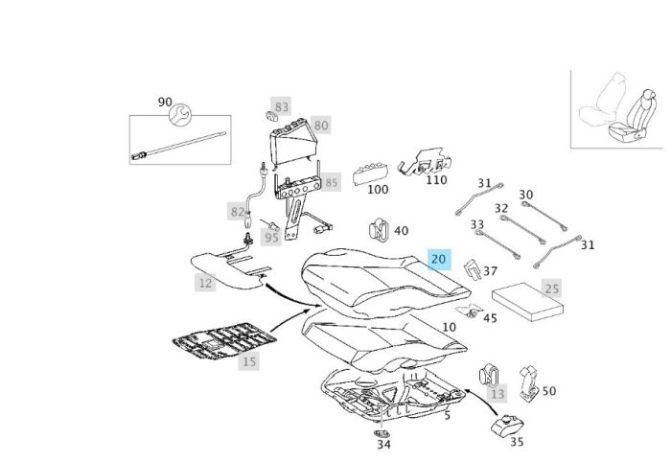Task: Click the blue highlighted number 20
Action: coord(439,260)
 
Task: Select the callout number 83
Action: coord(281,106)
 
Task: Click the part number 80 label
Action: coord(320,125)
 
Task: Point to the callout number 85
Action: coord(331,181)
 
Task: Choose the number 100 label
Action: coord(378,189)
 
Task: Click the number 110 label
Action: coord(436,179)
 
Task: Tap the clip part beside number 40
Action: coord(377,230)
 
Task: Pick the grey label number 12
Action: coord(204,283)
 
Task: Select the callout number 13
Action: coord(497,394)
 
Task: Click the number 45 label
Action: coord(490,318)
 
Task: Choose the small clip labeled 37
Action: coord(472,271)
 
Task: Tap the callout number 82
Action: coord(237,211)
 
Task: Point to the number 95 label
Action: coord(271,237)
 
